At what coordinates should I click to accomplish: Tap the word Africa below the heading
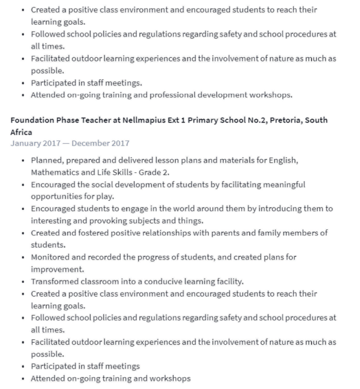tap(21, 133)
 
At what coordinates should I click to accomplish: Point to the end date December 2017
tap(101, 144)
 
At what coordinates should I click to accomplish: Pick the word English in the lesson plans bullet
tap(284, 160)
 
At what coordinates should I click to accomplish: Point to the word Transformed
tap(55, 281)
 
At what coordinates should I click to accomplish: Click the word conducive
tap(162, 281)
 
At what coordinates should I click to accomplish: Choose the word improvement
tap(54, 269)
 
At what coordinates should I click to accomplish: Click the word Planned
tap(47, 160)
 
